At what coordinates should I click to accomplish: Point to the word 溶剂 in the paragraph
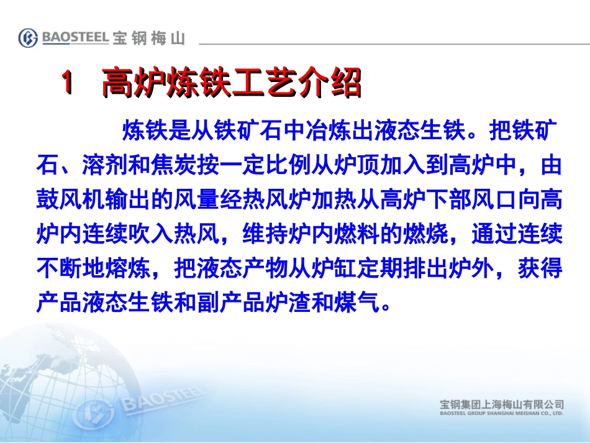tap(102, 167)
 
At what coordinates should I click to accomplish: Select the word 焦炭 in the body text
tap(169, 167)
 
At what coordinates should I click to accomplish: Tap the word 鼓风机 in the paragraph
tap(70, 201)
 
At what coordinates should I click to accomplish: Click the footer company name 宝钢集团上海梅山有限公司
tap(501, 404)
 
